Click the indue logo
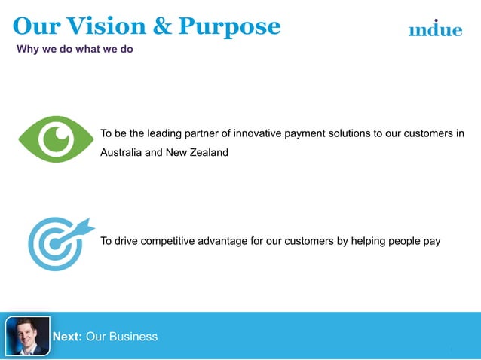click(435, 29)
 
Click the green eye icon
click(55, 139)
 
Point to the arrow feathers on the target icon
click(84, 224)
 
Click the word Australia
click(124, 153)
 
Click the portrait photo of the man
click(28, 335)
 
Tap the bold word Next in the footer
click(67, 337)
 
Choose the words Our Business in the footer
click(122, 337)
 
